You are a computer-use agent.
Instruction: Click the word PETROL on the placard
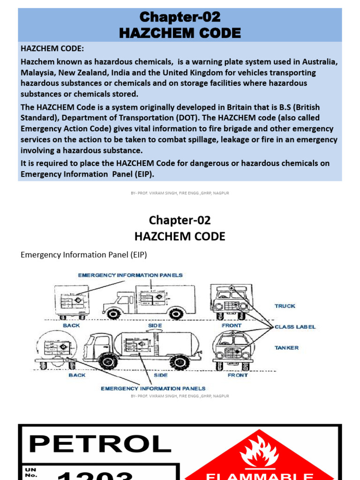click(x=100, y=443)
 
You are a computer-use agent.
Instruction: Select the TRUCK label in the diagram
click(x=285, y=306)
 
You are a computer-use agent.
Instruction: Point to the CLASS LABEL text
click(x=295, y=327)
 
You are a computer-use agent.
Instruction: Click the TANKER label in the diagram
click(x=286, y=348)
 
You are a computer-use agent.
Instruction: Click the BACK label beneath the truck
click(x=71, y=325)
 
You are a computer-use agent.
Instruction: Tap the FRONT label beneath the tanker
click(x=238, y=375)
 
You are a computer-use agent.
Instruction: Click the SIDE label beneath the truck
click(x=155, y=325)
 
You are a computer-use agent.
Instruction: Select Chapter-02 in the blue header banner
click(x=180, y=17)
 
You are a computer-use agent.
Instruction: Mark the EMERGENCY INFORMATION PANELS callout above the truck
click(x=130, y=275)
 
